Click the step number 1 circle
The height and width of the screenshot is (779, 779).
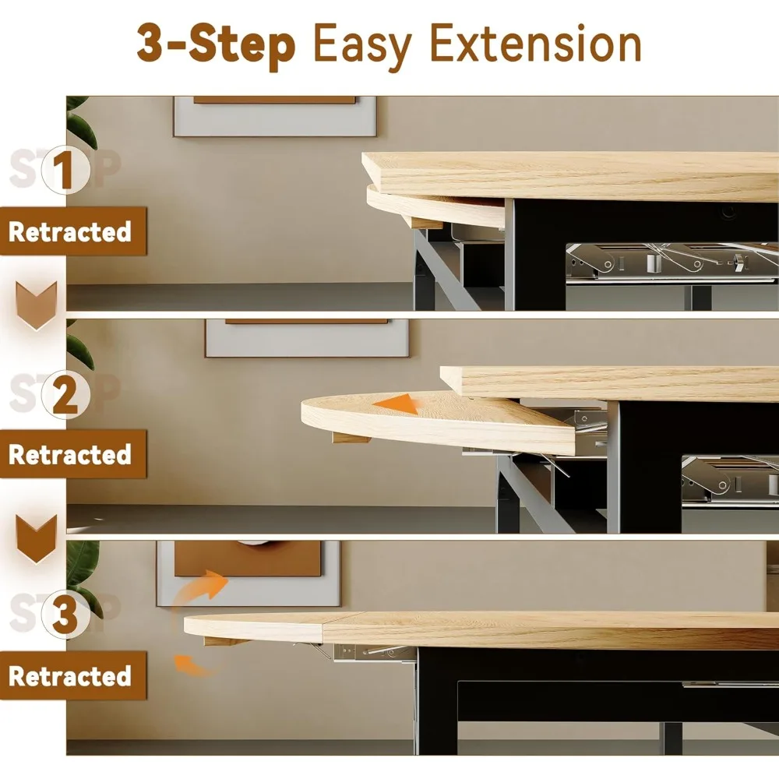[x=65, y=170]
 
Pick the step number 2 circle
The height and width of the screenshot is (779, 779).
[x=65, y=394]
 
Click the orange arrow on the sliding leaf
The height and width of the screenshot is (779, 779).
[x=397, y=404]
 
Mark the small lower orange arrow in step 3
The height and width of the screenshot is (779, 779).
[x=192, y=665]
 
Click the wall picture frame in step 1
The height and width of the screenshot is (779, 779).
[x=275, y=116]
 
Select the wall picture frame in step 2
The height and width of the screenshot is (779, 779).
[x=307, y=338]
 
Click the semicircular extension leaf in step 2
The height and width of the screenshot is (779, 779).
[x=437, y=421]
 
